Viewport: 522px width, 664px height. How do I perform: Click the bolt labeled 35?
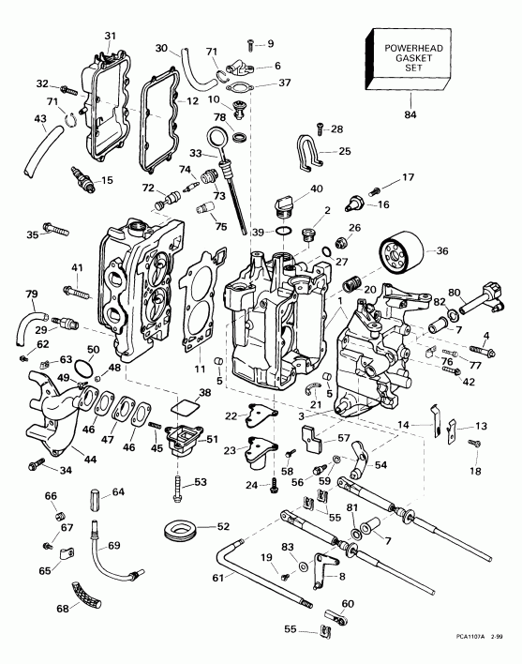pos(56,228)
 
